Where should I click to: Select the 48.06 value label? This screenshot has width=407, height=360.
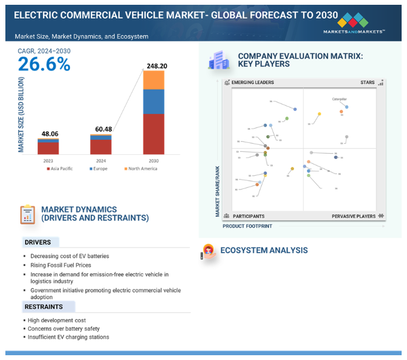click(x=48, y=133)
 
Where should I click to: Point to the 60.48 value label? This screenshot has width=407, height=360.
click(x=100, y=129)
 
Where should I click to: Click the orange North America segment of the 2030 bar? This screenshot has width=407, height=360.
click(x=154, y=80)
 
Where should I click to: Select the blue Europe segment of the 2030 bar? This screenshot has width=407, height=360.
click(x=154, y=102)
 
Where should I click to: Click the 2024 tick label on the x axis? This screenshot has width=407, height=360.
click(x=100, y=160)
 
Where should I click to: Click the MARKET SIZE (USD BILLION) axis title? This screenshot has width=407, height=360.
click(x=22, y=114)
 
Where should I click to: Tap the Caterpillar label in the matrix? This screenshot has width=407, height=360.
click(x=339, y=99)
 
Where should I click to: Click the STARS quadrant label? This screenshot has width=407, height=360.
click(x=367, y=83)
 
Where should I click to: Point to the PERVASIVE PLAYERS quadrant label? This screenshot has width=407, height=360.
click(x=354, y=216)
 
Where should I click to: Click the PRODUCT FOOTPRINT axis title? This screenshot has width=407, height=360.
click(x=247, y=226)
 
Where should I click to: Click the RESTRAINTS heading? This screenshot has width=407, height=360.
click(x=44, y=307)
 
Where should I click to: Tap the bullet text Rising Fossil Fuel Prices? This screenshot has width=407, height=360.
click(x=60, y=265)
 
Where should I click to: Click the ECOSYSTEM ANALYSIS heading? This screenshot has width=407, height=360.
click(x=264, y=250)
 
